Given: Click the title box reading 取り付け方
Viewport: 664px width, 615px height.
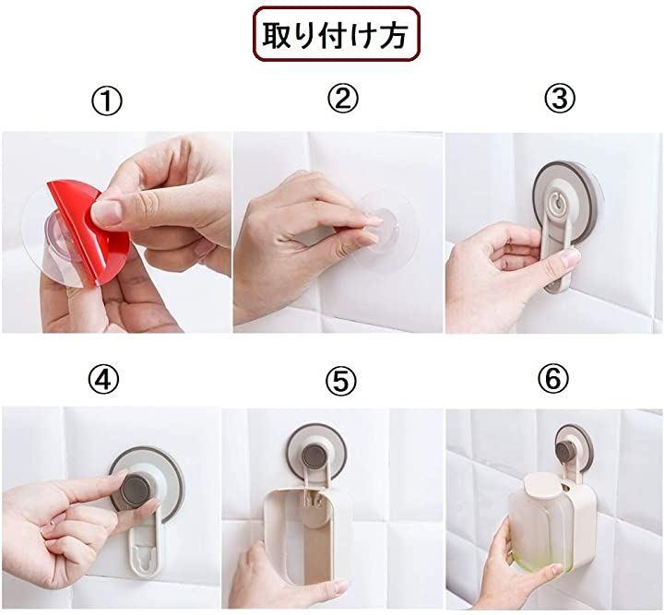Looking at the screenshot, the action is [337, 34].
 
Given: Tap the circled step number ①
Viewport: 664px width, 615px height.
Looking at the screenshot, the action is [107, 101].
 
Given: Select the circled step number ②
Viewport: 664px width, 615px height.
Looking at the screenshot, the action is [342, 100].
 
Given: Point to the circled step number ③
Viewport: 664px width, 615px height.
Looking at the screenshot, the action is [560, 99].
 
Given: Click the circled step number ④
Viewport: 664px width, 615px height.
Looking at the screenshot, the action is [103, 379].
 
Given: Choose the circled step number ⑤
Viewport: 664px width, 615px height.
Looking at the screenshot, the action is [341, 381].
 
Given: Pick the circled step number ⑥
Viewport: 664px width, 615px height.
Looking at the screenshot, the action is [553, 378].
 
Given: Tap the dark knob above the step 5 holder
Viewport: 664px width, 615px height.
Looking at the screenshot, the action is [314, 455].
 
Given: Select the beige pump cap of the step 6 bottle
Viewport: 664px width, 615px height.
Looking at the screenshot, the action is [543, 484].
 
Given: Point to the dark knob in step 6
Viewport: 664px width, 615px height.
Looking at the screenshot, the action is [568, 449].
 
